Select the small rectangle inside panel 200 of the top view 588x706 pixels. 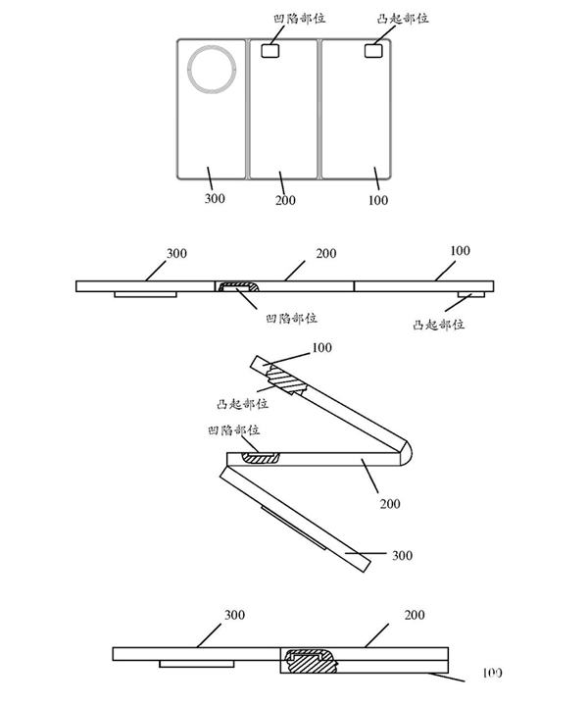coord(270,50)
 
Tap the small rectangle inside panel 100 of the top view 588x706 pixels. coord(373,50)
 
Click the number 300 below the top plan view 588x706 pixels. coord(215,199)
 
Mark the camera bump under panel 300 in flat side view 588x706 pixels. coord(144,295)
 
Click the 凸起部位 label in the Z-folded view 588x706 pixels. coord(239,403)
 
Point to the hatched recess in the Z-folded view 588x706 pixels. coord(260,456)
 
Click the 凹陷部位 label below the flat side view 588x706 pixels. coord(291,318)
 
